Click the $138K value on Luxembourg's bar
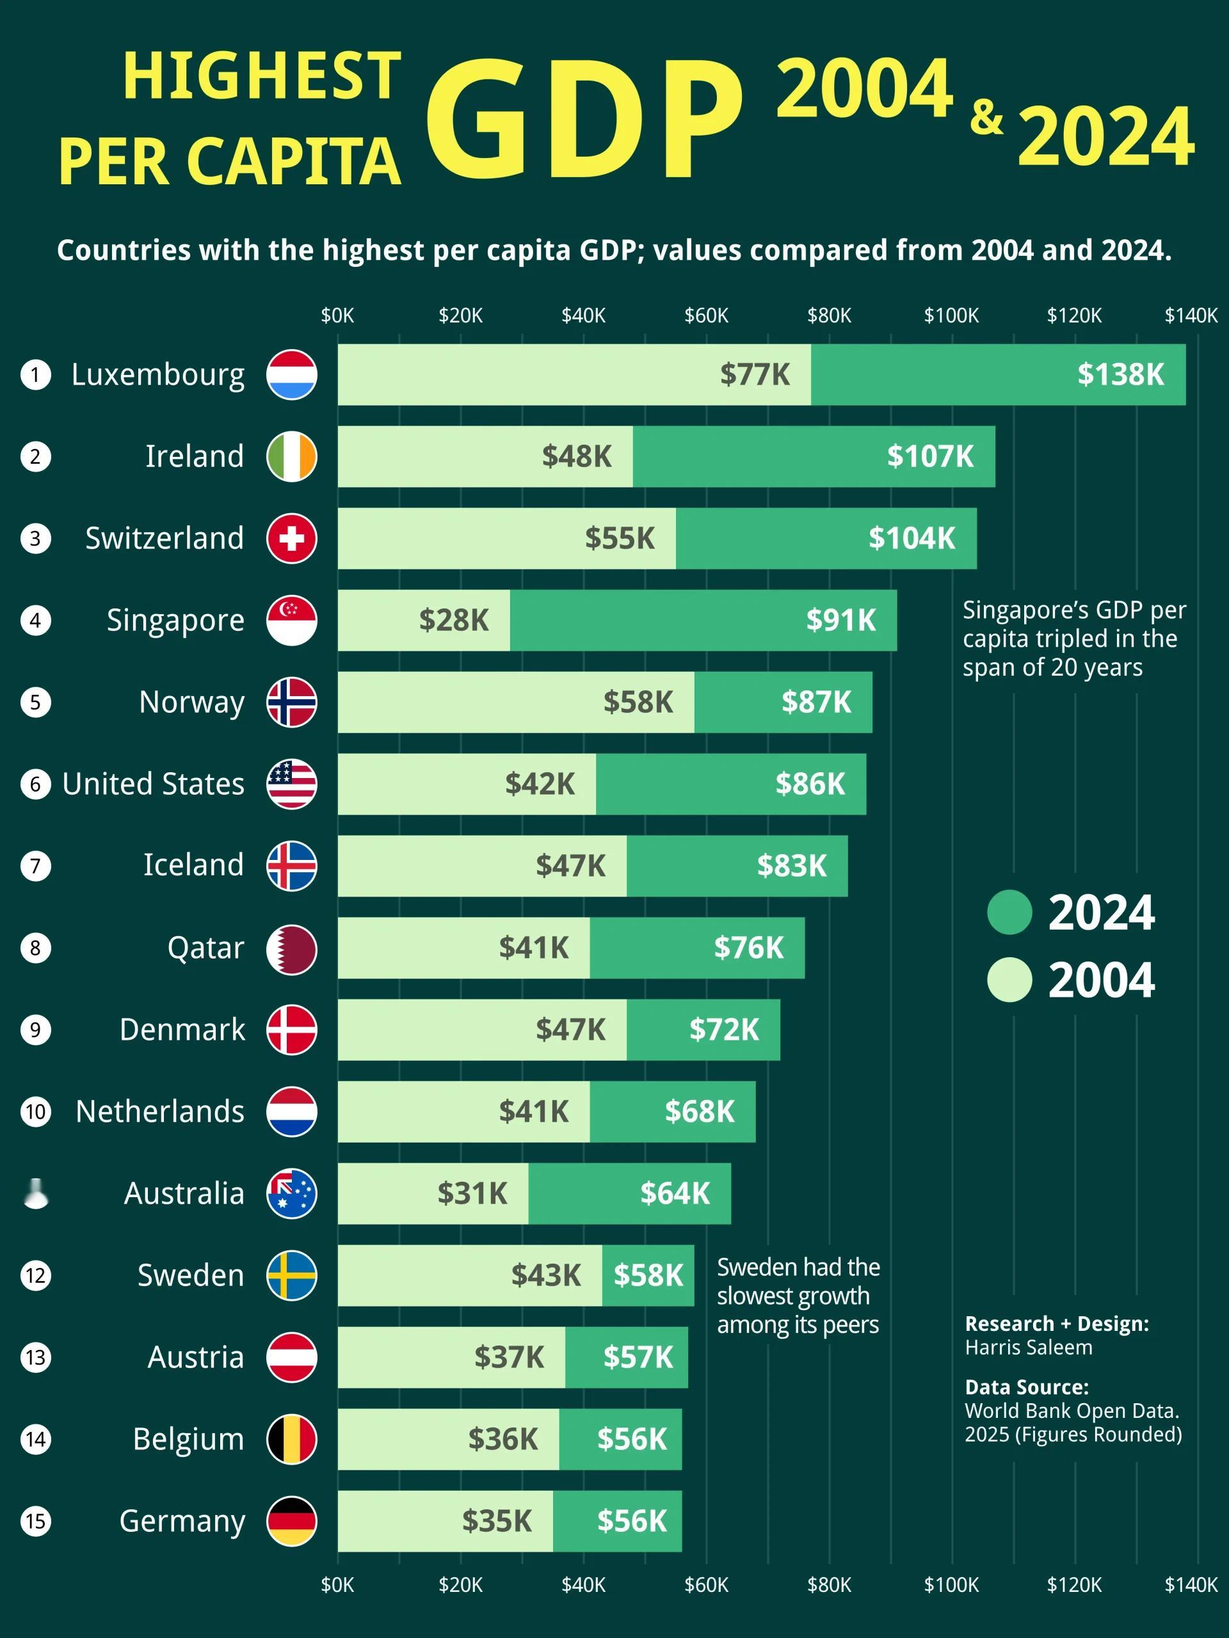point(1120,375)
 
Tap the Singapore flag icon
point(292,621)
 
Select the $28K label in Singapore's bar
point(453,621)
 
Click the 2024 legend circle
point(1009,912)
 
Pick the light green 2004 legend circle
point(1009,980)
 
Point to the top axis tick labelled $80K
point(828,316)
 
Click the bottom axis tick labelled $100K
point(951,1586)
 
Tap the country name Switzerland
point(165,538)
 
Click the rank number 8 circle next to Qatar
point(36,948)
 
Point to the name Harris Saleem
point(1028,1348)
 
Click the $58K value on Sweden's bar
point(648,1275)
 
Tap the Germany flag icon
point(292,1521)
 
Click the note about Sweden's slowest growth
point(798,1296)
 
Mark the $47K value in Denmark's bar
point(570,1030)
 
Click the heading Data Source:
point(1026,1387)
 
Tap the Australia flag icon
point(292,1194)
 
